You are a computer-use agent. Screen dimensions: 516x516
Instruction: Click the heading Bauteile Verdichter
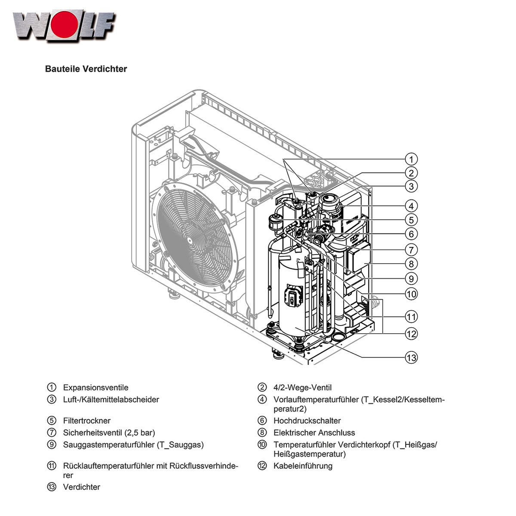click(86, 69)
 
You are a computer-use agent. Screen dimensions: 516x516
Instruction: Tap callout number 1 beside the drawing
click(412, 159)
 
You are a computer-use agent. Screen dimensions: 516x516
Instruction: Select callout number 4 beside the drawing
click(412, 206)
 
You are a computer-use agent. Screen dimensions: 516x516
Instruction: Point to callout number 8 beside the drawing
click(412, 264)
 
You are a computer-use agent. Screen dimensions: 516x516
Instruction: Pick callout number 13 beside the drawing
click(412, 357)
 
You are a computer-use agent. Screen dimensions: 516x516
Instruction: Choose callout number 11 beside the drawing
click(412, 317)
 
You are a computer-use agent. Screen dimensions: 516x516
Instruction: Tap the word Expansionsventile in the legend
click(95, 387)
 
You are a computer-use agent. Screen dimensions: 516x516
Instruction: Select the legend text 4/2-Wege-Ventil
click(302, 387)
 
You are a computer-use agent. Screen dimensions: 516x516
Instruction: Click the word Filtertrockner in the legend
click(87, 421)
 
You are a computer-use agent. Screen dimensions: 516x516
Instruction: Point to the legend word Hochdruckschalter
click(307, 421)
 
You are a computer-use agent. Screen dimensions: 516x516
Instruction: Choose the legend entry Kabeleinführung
click(303, 466)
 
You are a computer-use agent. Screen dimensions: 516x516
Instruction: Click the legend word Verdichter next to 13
click(82, 487)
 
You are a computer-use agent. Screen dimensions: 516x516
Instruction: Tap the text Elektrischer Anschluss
click(314, 433)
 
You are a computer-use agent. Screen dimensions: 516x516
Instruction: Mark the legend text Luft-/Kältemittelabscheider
click(111, 399)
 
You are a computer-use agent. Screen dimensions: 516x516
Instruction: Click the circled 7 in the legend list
click(52, 433)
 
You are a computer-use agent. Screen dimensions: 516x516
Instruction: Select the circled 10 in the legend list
click(262, 445)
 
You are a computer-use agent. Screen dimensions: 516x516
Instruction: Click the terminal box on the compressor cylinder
click(294, 296)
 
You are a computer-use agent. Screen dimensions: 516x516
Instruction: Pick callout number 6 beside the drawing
click(412, 234)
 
